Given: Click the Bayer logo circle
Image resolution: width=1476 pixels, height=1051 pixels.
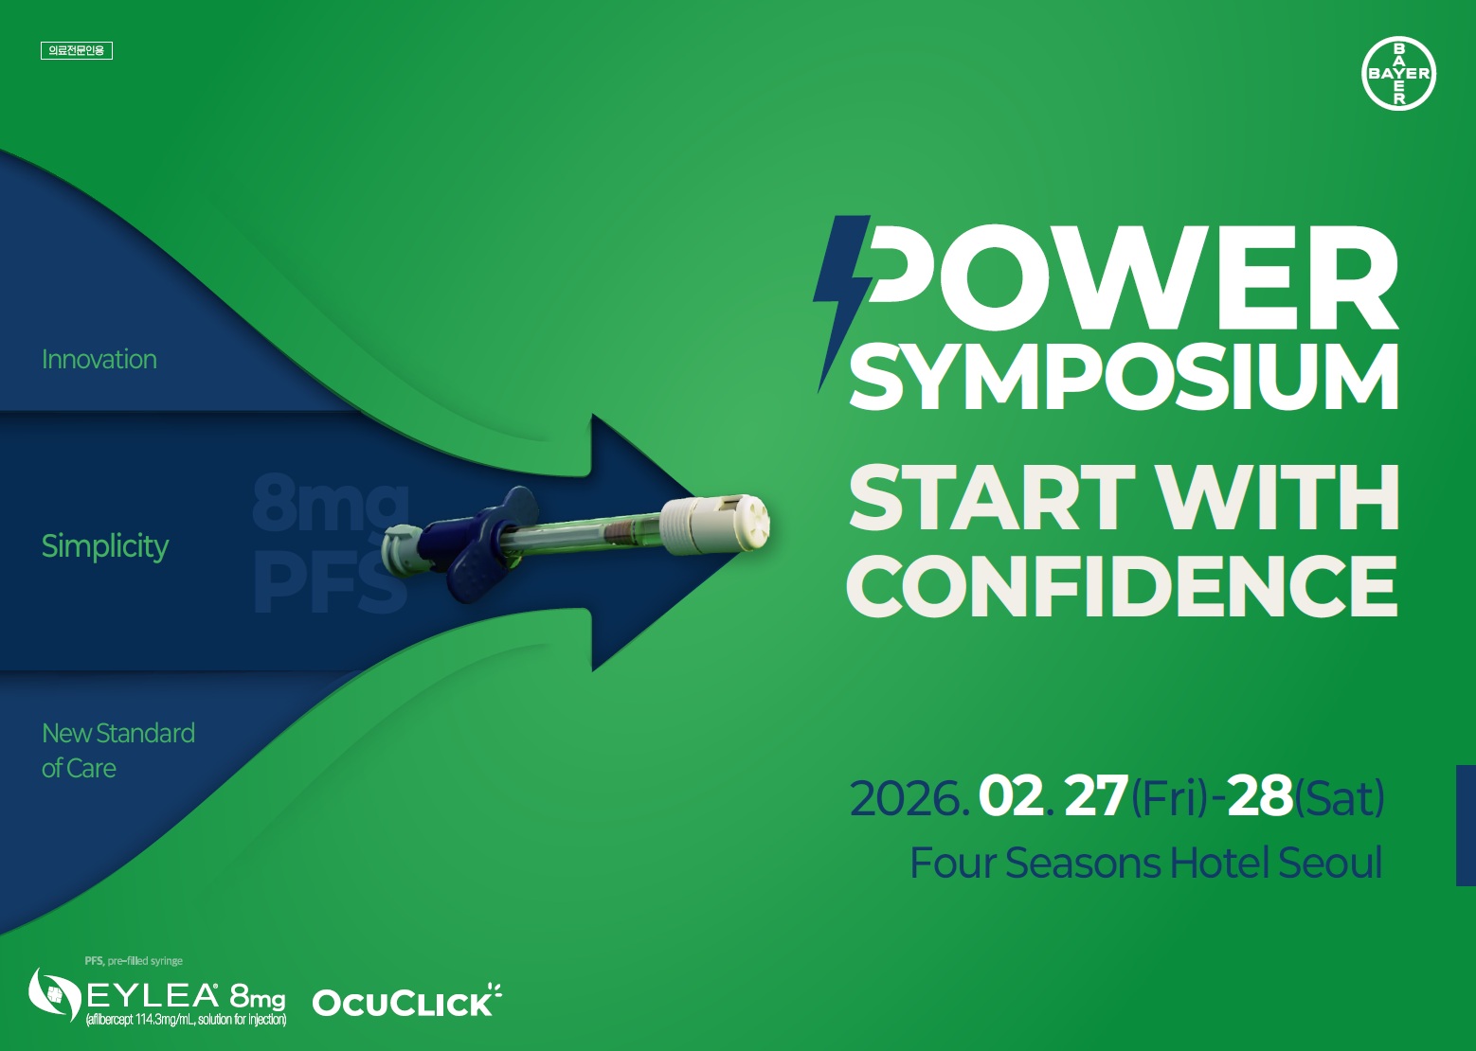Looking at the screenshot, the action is [1398, 73].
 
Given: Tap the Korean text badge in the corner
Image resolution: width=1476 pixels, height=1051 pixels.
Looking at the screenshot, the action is [77, 51].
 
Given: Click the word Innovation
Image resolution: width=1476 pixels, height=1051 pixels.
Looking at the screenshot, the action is [99, 360].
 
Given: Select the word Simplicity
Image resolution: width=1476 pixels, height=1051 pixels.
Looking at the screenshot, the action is [105, 546].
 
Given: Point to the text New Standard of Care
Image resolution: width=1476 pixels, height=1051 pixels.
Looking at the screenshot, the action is [118, 750].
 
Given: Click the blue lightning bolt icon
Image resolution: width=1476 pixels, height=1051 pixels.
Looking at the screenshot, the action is [841, 304].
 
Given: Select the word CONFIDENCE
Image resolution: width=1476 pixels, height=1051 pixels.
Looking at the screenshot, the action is [1122, 585].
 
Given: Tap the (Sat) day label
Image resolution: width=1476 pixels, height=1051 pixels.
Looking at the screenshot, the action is [1340, 798].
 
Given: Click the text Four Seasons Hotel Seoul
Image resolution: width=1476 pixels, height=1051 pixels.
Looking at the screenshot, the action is [1146, 863].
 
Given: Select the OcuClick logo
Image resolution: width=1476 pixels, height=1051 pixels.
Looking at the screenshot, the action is [406, 1000].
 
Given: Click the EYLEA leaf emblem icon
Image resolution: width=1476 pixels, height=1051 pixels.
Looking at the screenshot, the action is [55, 994].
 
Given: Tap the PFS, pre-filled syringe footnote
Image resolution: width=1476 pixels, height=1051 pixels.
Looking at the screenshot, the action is [134, 961].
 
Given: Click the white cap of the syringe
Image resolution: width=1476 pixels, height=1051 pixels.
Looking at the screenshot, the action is [716, 525].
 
